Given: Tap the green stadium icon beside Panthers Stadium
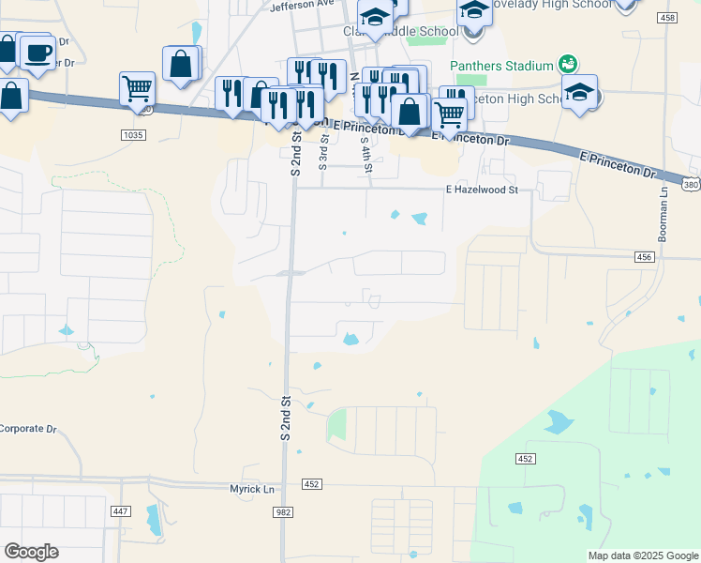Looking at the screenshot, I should click(566, 64).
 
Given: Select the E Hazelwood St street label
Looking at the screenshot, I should click(482, 190).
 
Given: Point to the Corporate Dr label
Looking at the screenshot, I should click(28, 429).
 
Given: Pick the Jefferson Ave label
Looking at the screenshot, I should click(302, 4).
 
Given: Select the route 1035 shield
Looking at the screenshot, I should click(133, 135).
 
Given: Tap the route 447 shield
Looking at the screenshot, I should click(120, 511).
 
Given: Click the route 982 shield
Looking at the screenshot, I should click(282, 511).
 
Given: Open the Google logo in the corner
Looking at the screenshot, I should click(31, 552).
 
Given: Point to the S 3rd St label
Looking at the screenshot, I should click(324, 150).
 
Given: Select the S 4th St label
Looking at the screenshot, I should click(367, 151).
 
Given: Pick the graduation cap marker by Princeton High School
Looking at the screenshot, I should click(580, 92).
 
